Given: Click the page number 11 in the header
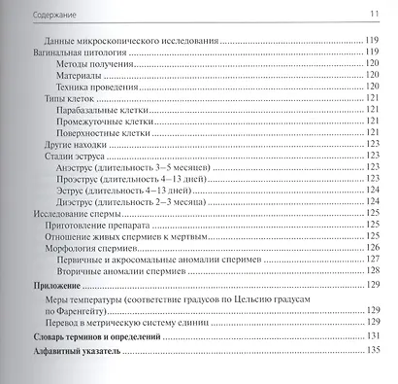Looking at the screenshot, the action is click(373, 13).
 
